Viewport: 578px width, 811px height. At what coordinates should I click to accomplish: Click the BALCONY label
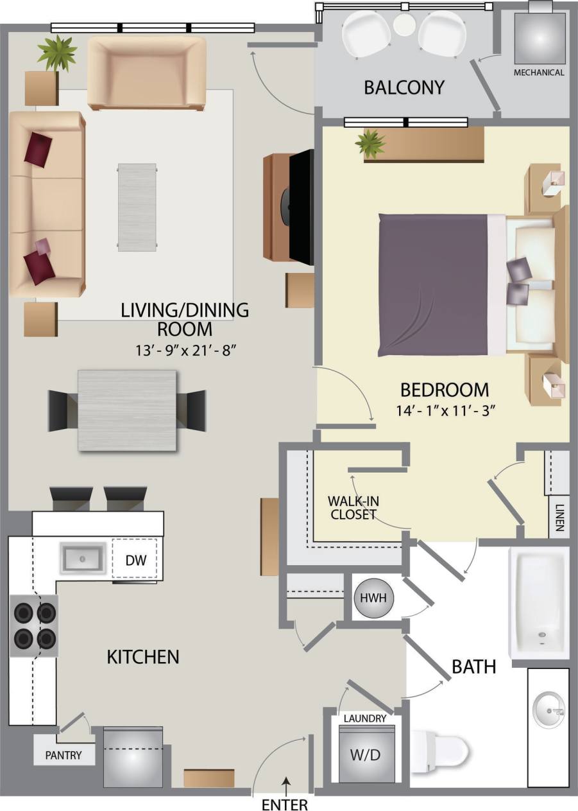(x=404, y=87)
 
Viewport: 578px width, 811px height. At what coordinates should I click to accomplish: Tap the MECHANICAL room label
(x=539, y=73)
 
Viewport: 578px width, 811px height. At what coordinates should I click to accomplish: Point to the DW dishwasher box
(x=136, y=560)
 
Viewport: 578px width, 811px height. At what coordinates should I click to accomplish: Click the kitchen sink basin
(x=83, y=558)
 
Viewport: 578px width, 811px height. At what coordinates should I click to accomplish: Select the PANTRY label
(x=64, y=755)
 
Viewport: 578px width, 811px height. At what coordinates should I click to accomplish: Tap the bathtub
(x=539, y=602)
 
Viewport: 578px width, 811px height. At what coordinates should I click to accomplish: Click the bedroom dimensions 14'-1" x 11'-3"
(x=444, y=412)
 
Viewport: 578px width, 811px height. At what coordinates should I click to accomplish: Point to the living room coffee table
(x=137, y=206)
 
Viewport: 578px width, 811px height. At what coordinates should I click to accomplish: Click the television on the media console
(x=300, y=206)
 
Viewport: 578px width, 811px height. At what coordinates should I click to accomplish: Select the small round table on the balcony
(x=404, y=26)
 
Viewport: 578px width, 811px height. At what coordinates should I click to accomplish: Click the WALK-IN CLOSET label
(x=351, y=507)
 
